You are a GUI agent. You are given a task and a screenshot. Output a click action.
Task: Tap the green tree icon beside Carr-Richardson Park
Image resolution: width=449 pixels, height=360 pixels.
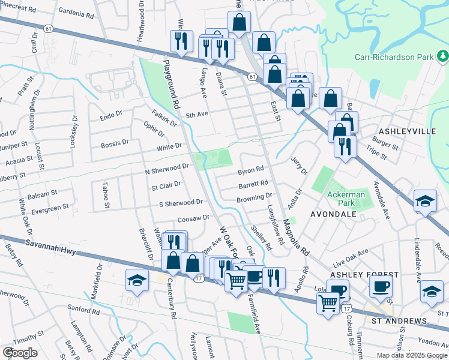point(442,56)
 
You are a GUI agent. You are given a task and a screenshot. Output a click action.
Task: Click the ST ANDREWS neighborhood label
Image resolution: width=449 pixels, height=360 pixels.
point(399,321)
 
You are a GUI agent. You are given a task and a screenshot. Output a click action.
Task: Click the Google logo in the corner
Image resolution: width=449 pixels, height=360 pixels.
point(19,353)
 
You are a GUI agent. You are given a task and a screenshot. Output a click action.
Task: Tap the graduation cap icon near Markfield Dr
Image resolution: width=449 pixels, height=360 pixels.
point(137,280)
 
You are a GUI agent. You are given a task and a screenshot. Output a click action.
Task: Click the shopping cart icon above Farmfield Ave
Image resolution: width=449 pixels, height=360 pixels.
point(237,278)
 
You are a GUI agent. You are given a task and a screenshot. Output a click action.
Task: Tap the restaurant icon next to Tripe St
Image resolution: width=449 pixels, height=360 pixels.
point(345,146)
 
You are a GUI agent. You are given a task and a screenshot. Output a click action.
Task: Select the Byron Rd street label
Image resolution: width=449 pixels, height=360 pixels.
point(251,170)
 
